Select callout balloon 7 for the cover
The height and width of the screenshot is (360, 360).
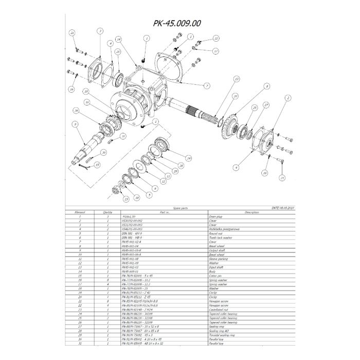(206, 86)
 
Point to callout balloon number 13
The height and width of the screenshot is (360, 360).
(236, 79)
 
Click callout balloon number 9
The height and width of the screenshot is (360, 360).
(75, 124)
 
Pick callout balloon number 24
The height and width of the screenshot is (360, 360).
(189, 158)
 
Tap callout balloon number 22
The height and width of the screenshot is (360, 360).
(217, 39)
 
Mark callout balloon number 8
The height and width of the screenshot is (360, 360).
(267, 87)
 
